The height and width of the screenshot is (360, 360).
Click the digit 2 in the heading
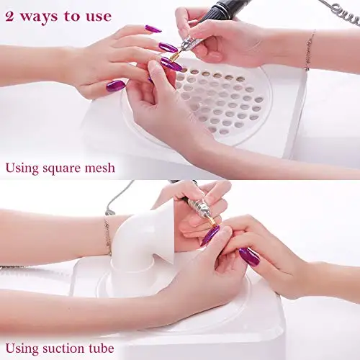[9, 17]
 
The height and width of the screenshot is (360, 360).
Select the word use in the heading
[99, 17]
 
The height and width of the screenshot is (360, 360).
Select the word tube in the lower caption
[102, 348]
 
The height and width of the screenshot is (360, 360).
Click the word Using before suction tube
[22, 349]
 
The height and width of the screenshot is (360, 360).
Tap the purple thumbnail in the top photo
[116, 86]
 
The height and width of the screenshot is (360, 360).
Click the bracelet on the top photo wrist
[310, 50]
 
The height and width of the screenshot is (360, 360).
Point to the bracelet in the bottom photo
[108, 235]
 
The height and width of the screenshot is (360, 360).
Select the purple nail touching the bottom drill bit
[210, 235]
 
